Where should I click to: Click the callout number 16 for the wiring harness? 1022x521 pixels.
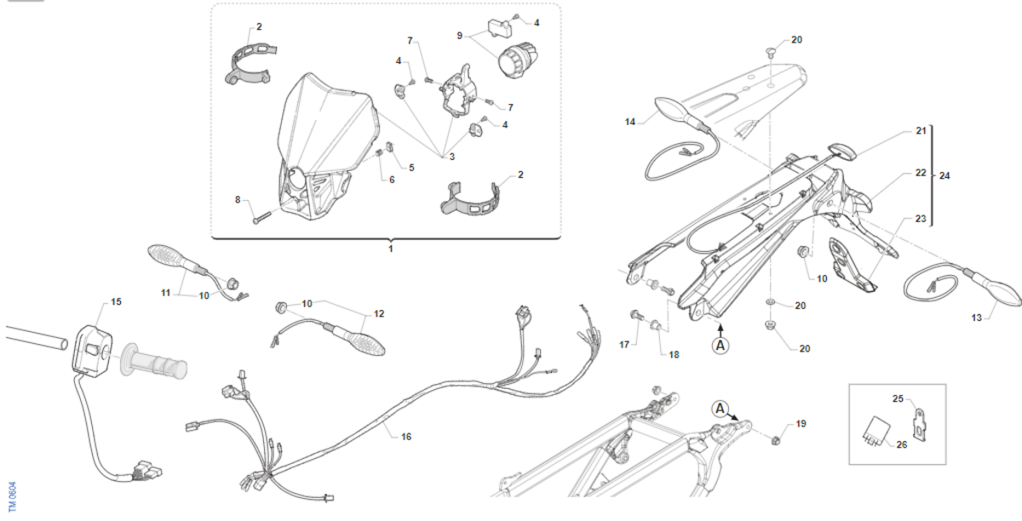tap(406, 437)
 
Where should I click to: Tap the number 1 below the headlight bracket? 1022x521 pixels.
tap(391, 249)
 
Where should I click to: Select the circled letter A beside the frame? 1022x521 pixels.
tap(720, 409)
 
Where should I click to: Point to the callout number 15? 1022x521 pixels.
tap(117, 301)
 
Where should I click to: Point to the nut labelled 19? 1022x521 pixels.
tap(775, 440)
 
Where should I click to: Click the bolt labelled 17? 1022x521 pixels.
tap(635, 315)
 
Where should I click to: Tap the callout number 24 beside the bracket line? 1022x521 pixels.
tap(944, 175)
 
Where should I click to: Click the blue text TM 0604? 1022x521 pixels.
tap(13, 496)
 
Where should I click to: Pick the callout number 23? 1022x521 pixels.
tap(921, 219)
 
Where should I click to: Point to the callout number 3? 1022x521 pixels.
tap(451, 157)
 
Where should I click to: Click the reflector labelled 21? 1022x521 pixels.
tap(841, 151)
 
